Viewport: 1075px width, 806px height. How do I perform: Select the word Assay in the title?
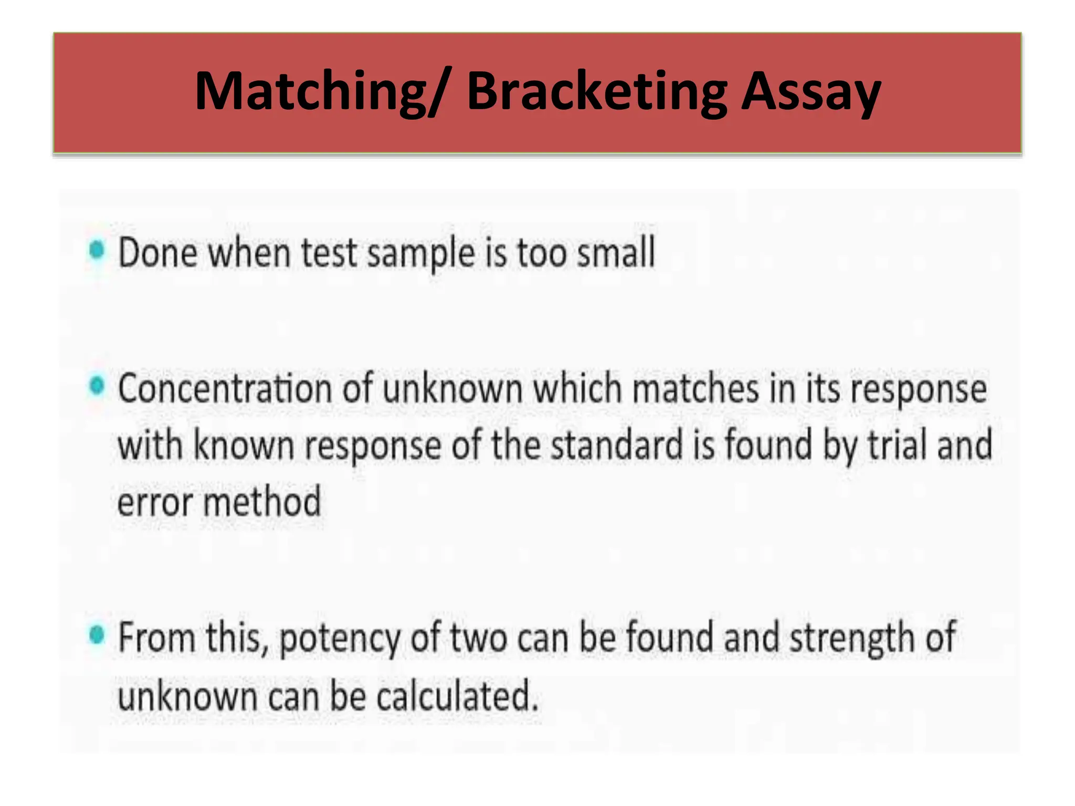[x=811, y=92]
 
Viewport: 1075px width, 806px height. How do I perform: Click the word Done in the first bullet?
[x=158, y=253]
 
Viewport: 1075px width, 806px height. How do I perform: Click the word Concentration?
[x=225, y=389]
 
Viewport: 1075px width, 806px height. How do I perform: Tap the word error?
[x=155, y=503]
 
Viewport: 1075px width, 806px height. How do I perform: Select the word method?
[x=262, y=502]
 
